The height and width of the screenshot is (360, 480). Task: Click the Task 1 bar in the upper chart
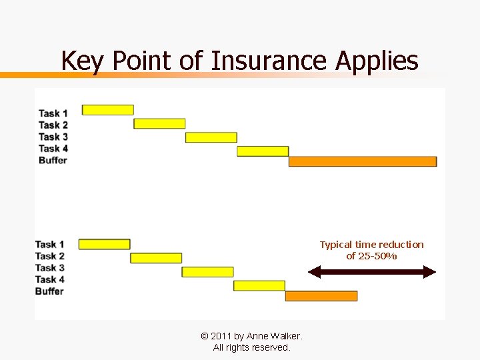(107, 110)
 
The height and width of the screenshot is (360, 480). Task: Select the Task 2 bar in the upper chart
(159, 123)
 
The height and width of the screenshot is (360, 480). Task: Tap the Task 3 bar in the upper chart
(211, 137)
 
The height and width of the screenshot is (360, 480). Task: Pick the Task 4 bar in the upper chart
(263, 151)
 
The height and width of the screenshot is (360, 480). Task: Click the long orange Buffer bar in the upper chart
(362, 161)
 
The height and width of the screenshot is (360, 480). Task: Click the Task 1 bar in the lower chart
(104, 244)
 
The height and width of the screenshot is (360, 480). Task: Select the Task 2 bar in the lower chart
(156, 258)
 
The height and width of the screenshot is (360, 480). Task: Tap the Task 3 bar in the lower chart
(207, 272)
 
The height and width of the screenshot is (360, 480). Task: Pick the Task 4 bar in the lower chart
(259, 285)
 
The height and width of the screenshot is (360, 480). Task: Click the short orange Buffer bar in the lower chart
(321, 296)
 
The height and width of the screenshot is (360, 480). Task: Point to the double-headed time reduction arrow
(372, 272)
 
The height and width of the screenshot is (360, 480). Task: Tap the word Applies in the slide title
(377, 61)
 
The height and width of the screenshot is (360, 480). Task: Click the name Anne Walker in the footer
(274, 336)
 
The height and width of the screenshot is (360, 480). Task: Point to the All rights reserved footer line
(251, 347)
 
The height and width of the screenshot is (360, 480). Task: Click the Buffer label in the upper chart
(53, 160)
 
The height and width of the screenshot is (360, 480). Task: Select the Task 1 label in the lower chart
(50, 245)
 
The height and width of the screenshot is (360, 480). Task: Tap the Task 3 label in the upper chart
(53, 137)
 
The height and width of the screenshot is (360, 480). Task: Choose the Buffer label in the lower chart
(49, 291)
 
